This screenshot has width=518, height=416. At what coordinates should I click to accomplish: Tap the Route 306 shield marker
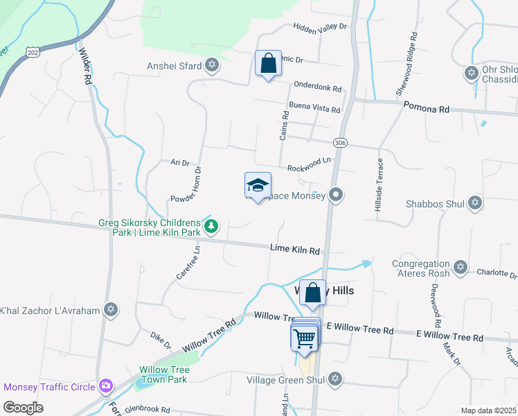coord(339,142)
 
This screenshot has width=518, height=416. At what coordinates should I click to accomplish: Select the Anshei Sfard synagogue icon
coord(212,66)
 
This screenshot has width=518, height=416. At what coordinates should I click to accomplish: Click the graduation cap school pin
coord(258,186)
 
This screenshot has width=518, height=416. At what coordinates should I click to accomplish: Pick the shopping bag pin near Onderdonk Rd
coord(268,64)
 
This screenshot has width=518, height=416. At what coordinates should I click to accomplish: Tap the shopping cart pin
coord(303,339)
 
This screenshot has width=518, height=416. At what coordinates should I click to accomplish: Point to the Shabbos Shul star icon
coord(474,202)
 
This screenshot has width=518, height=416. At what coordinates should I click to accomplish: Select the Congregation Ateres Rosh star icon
coord(460,268)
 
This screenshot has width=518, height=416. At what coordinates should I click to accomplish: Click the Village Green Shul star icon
coord(335,379)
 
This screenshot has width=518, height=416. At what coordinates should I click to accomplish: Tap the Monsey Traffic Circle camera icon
coord(106,385)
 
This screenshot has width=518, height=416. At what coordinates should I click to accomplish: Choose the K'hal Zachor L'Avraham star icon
coord(110,310)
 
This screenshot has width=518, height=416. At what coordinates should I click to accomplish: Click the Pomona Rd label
coord(427,110)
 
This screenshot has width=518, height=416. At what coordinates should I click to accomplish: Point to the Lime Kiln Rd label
coord(295,249)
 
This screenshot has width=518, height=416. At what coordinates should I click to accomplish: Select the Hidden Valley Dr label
coord(319,26)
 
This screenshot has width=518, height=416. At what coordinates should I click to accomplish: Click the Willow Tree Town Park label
coord(164,374)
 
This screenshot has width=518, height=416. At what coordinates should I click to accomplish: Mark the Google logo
coord(24,407)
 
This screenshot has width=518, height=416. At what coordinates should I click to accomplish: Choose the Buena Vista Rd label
coord(315,110)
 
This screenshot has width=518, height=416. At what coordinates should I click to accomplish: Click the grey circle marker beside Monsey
coord(336,195)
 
